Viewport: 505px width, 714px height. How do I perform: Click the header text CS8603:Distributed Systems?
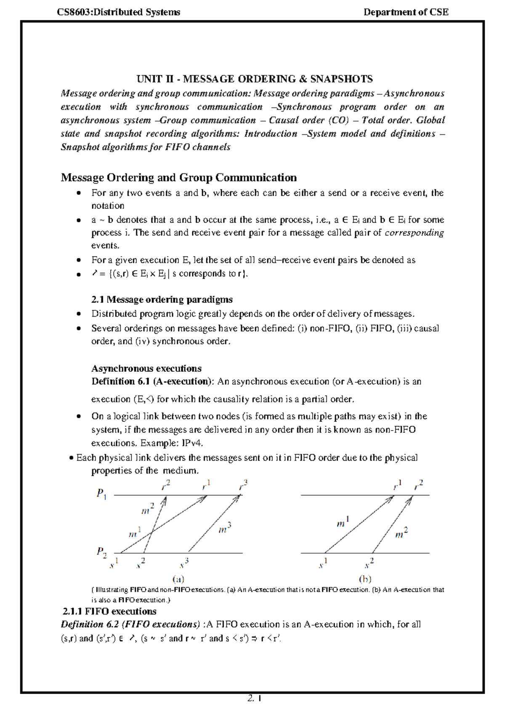[119, 12]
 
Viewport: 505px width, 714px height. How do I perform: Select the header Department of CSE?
[406, 12]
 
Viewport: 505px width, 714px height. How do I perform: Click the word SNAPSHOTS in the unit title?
[341, 79]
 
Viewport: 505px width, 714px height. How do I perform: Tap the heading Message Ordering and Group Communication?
[179, 177]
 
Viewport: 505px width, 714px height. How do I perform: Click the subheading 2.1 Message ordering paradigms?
[162, 299]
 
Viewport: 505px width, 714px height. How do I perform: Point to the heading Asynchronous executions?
[146, 368]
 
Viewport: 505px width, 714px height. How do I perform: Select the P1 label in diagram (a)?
[101, 493]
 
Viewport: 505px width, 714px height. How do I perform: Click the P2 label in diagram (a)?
[101, 551]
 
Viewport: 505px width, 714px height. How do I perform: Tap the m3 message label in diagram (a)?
[225, 528]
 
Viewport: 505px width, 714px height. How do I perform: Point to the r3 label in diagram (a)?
[243, 485]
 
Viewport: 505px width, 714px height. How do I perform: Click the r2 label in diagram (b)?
[418, 485]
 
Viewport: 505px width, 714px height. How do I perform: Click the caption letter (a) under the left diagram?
[178, 579]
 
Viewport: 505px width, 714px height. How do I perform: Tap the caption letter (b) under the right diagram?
[365, 579]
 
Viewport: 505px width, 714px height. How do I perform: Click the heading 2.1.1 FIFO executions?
[109, 611]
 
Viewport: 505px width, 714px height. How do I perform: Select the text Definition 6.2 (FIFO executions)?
[130, 624]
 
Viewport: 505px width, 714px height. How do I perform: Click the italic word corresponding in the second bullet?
[414, 233]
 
